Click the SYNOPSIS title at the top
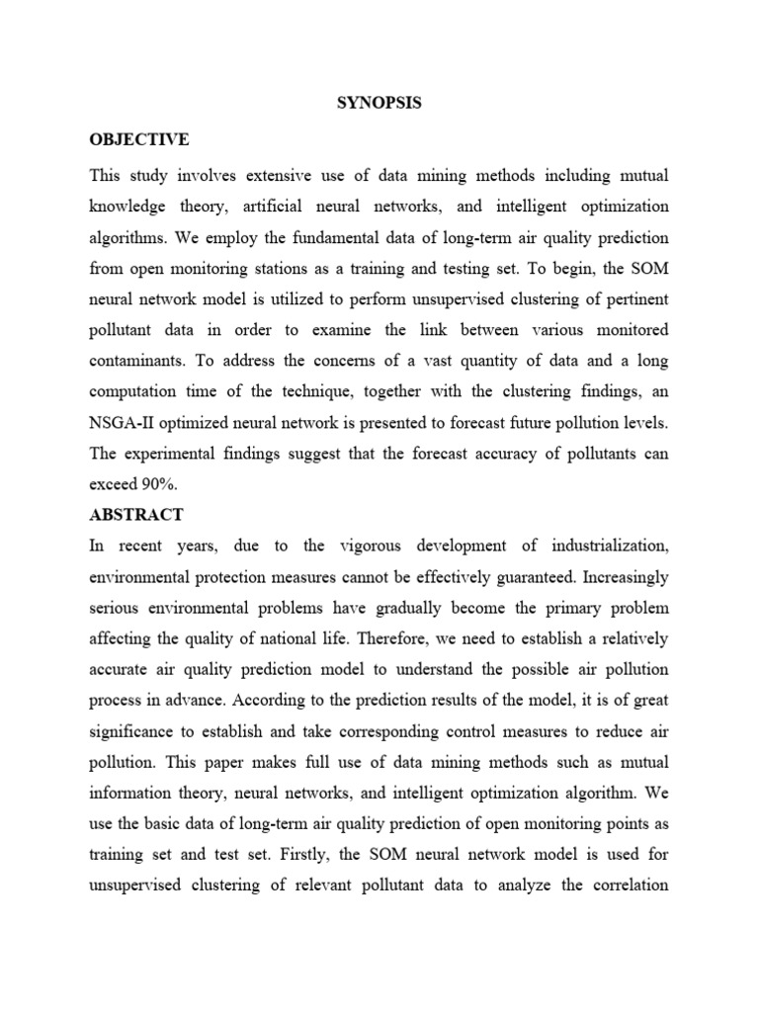pos(379,103)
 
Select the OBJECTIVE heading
pos(139,139)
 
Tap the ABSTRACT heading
pos(135,515)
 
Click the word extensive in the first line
pos(275,176)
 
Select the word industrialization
pos(604,546)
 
